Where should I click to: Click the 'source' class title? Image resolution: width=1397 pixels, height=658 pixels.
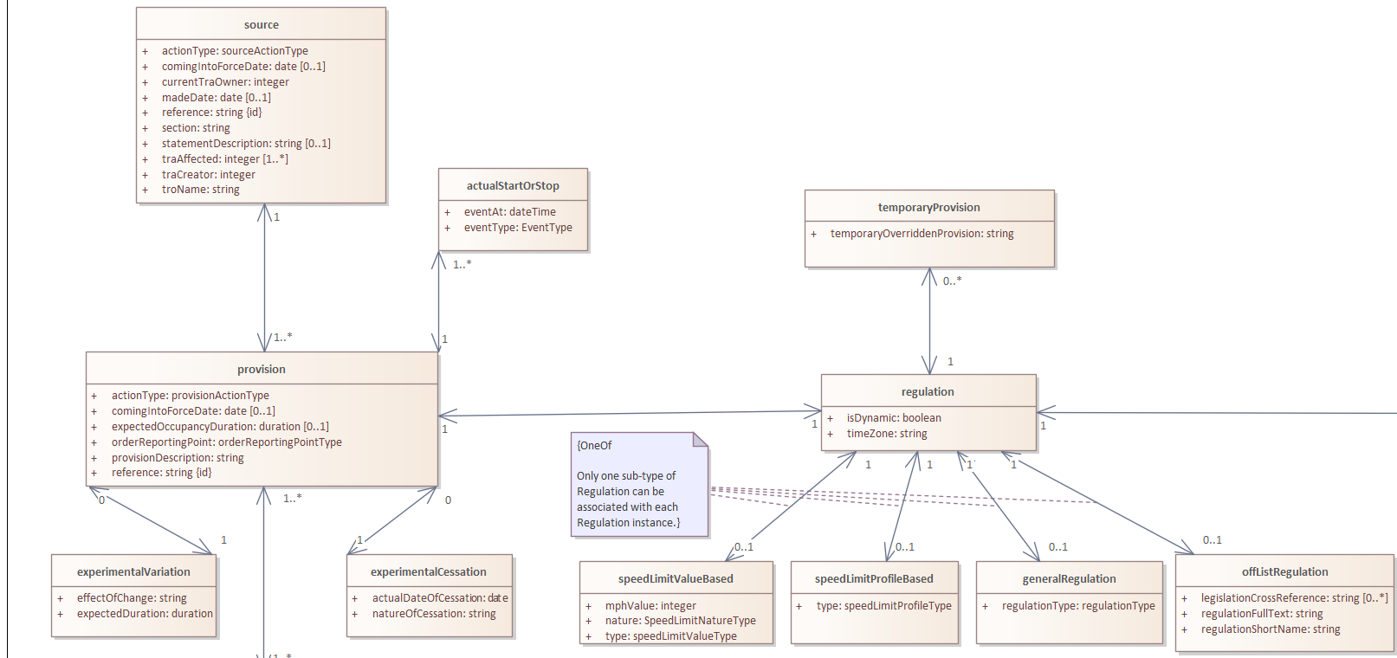262,25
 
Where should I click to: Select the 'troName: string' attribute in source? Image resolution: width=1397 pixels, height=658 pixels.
200,190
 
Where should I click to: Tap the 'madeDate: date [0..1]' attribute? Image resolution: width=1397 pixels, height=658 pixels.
216,97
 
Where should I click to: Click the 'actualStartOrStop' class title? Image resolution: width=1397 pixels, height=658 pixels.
513,186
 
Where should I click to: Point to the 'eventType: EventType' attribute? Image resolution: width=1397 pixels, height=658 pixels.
518,228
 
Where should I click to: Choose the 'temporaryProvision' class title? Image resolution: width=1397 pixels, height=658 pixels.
928,208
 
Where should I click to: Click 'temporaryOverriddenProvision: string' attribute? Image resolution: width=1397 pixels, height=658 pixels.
922,234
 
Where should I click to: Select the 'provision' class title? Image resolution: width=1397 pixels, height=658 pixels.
262,369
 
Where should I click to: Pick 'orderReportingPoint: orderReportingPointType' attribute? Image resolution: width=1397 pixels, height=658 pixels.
226,442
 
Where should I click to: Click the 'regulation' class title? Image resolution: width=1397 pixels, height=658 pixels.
928,391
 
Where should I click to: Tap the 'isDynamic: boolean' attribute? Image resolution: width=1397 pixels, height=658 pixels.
894,418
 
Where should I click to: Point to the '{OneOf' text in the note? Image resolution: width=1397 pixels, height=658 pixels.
594,445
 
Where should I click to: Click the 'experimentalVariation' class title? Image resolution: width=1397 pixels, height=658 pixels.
133,572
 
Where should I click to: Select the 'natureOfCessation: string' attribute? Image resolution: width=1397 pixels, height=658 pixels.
434,614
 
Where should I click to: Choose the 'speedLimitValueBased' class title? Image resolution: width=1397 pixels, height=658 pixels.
676,579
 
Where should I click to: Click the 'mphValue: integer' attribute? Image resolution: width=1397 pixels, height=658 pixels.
650,605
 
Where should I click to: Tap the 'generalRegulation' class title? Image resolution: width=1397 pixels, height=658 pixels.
1069,579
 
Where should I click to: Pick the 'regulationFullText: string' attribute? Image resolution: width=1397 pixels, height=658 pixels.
1262,614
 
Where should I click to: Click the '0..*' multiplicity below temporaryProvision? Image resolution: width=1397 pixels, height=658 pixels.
952,281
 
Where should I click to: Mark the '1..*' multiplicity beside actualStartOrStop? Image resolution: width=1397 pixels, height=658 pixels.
462,264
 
